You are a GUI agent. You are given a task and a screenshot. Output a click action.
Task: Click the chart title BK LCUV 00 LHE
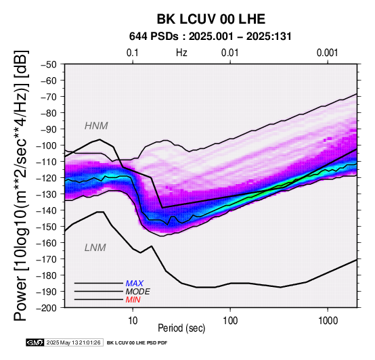211,19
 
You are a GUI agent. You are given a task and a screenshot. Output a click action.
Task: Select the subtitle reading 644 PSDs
154,37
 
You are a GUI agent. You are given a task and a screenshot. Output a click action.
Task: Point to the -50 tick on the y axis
49,64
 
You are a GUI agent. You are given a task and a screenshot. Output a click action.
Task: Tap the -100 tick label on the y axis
47,145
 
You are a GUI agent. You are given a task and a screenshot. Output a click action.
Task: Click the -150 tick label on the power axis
47,227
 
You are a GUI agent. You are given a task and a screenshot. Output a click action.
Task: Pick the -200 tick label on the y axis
47,308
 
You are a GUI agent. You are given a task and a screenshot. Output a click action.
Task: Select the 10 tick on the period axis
133,320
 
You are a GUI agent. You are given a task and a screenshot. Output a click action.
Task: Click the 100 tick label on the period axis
230,320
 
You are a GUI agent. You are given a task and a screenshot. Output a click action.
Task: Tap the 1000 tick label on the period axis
328,320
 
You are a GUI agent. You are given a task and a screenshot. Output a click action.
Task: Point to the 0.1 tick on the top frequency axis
133,53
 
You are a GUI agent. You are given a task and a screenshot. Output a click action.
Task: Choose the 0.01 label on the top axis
230,53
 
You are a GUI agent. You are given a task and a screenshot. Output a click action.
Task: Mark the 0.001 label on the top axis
328,53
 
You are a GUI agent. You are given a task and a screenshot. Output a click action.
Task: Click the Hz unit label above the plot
181,53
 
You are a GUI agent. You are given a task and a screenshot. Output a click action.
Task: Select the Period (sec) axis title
181,328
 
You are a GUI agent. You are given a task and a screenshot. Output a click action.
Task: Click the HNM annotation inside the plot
96,126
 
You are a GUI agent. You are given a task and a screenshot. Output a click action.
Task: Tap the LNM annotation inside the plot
95,248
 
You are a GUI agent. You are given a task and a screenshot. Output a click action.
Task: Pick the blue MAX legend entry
135,284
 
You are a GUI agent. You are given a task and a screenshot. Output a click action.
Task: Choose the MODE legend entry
138,292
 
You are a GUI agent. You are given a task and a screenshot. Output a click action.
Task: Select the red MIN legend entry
133,300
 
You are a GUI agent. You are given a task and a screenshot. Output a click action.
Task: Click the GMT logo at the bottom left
35,342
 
